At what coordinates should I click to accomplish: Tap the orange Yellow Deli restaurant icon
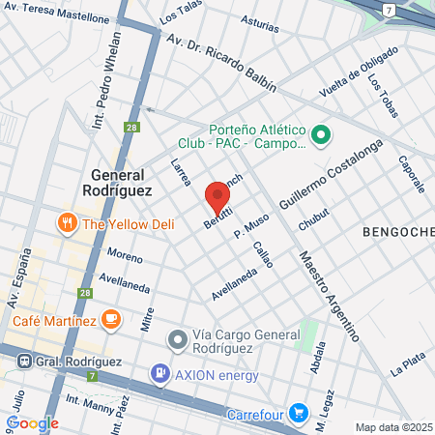(x=68, y=223)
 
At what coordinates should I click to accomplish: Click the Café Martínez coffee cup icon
(x=111, y=318)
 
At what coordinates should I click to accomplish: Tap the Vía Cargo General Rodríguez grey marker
(x=177, y=339)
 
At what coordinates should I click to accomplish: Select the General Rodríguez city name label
(x=130, y=183)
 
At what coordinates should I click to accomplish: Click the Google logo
(x=32, y=422)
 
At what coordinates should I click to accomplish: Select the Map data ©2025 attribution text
(x=394, y=427)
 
